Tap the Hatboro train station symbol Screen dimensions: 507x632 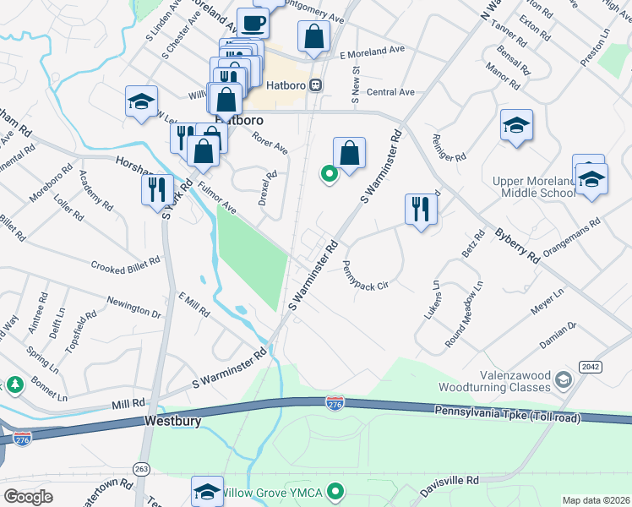pyautogui.click(x=316, y=84)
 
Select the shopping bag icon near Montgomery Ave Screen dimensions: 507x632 pyautogui.click(x=313, y=37)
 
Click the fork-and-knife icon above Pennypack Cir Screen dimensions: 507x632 pyautogui.click(x=420, y=209)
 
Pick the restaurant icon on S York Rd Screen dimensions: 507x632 pyautogui.click(x=156, y=189)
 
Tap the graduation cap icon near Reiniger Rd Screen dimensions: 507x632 pyautogui.click(x=516, y=126)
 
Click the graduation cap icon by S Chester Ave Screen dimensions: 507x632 pyautogui.click(x=141, y=102)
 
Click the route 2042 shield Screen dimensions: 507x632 pyautogui.click(x=590, y=365)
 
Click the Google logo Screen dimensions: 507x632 pyautogui.click(x=28, y=496)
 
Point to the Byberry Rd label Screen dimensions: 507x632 pyautogui.click(x=517, y=245)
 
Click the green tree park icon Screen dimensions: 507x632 pyautogui.click(x=15, y=385)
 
